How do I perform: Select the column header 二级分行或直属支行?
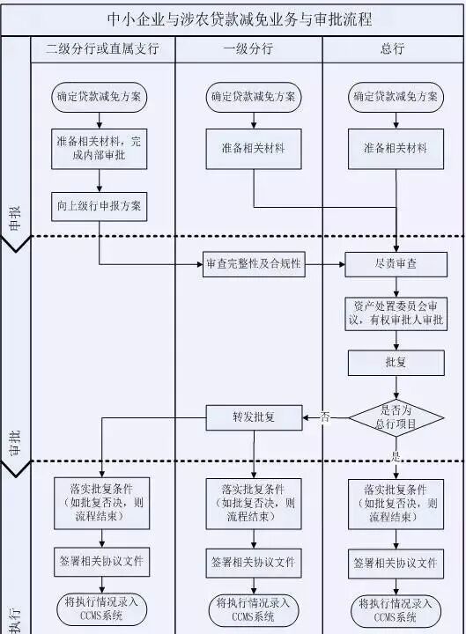point(102,49)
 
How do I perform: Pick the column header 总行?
point(393,49)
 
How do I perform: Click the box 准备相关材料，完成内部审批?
point(100,148)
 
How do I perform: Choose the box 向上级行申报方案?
point(100,207)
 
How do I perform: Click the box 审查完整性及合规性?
point(254,264)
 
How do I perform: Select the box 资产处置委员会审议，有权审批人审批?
point(395,313)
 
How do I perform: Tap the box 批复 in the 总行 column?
point(395,362)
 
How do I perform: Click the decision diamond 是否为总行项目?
point(396,417)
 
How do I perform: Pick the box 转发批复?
point(254,417)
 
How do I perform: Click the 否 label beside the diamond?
point(325,416)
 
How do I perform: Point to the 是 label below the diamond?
point(396,457)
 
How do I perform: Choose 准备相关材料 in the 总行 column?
point(395,148)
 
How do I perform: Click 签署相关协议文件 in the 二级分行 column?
point(100,561)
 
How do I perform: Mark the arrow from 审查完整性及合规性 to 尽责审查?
point(327,264)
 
